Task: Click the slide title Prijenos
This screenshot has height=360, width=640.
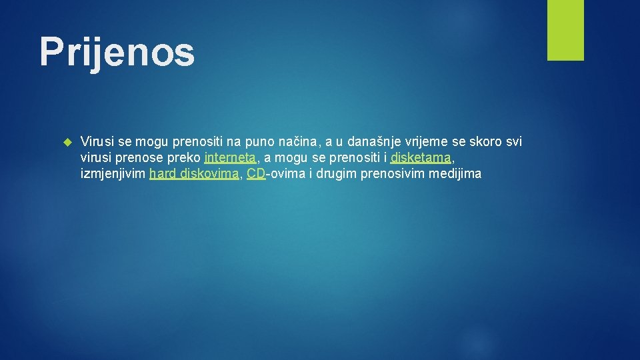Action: click(117, 52)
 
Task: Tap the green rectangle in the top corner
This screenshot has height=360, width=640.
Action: click(565, 30)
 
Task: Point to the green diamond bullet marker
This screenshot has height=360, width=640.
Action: click(66, 142)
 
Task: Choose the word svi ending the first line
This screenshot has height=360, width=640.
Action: click(514, 142)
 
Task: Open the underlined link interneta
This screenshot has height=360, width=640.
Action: click(230, 159)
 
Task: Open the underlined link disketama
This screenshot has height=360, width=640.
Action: click(421, 159)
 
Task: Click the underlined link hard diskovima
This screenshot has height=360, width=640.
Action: click(193, 175)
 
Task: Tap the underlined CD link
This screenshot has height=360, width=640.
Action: click(256, 175)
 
